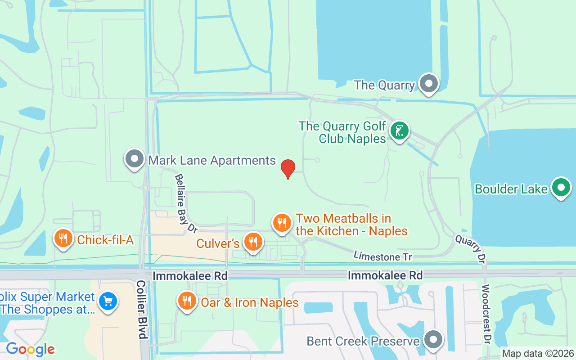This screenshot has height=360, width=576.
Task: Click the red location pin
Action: [288, 169]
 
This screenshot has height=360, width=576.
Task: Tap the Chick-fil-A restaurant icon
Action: [63, 238]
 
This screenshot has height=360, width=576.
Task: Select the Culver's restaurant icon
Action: [253, 242]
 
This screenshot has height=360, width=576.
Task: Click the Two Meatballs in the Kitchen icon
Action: [282, 222]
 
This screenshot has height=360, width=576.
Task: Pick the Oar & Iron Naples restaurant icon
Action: [187, 301]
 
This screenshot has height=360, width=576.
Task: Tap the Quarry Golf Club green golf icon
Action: [399, 130]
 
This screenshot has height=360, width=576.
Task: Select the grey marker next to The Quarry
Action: [428, 83]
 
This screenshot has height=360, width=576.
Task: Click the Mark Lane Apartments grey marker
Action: [134, 159]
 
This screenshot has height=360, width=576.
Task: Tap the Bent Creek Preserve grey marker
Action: [433, 340]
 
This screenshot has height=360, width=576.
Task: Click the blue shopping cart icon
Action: [108, 301]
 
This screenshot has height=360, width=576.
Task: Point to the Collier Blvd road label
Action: [141, 309]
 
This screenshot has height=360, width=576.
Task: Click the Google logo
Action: [31, 349]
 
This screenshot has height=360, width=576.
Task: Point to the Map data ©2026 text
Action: [538, 354]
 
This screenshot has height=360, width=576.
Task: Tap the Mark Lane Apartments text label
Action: [212, 160]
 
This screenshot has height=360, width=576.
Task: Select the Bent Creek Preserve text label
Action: [363, 341]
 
